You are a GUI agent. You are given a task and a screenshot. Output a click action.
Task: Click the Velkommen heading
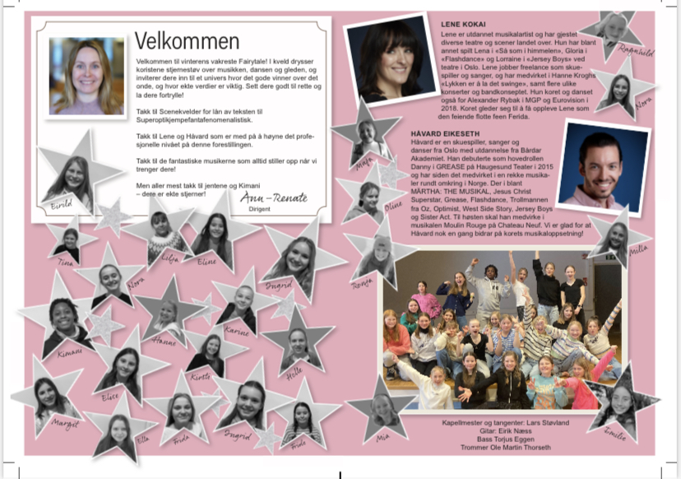coord(188,41)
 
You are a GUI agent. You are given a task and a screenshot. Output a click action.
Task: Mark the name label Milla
coord(637,249)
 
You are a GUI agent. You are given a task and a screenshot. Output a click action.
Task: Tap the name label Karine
coord(236,332)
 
